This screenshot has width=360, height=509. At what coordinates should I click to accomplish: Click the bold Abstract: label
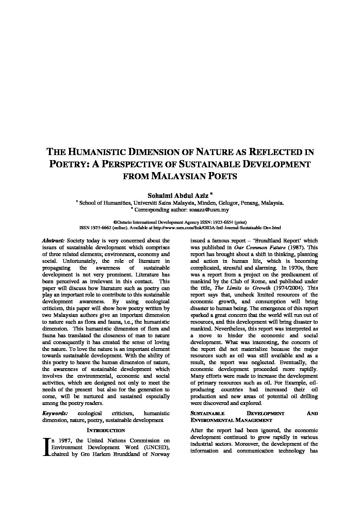53,241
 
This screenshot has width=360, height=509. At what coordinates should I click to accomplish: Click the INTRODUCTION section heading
106,430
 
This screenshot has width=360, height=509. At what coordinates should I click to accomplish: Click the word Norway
161,454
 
